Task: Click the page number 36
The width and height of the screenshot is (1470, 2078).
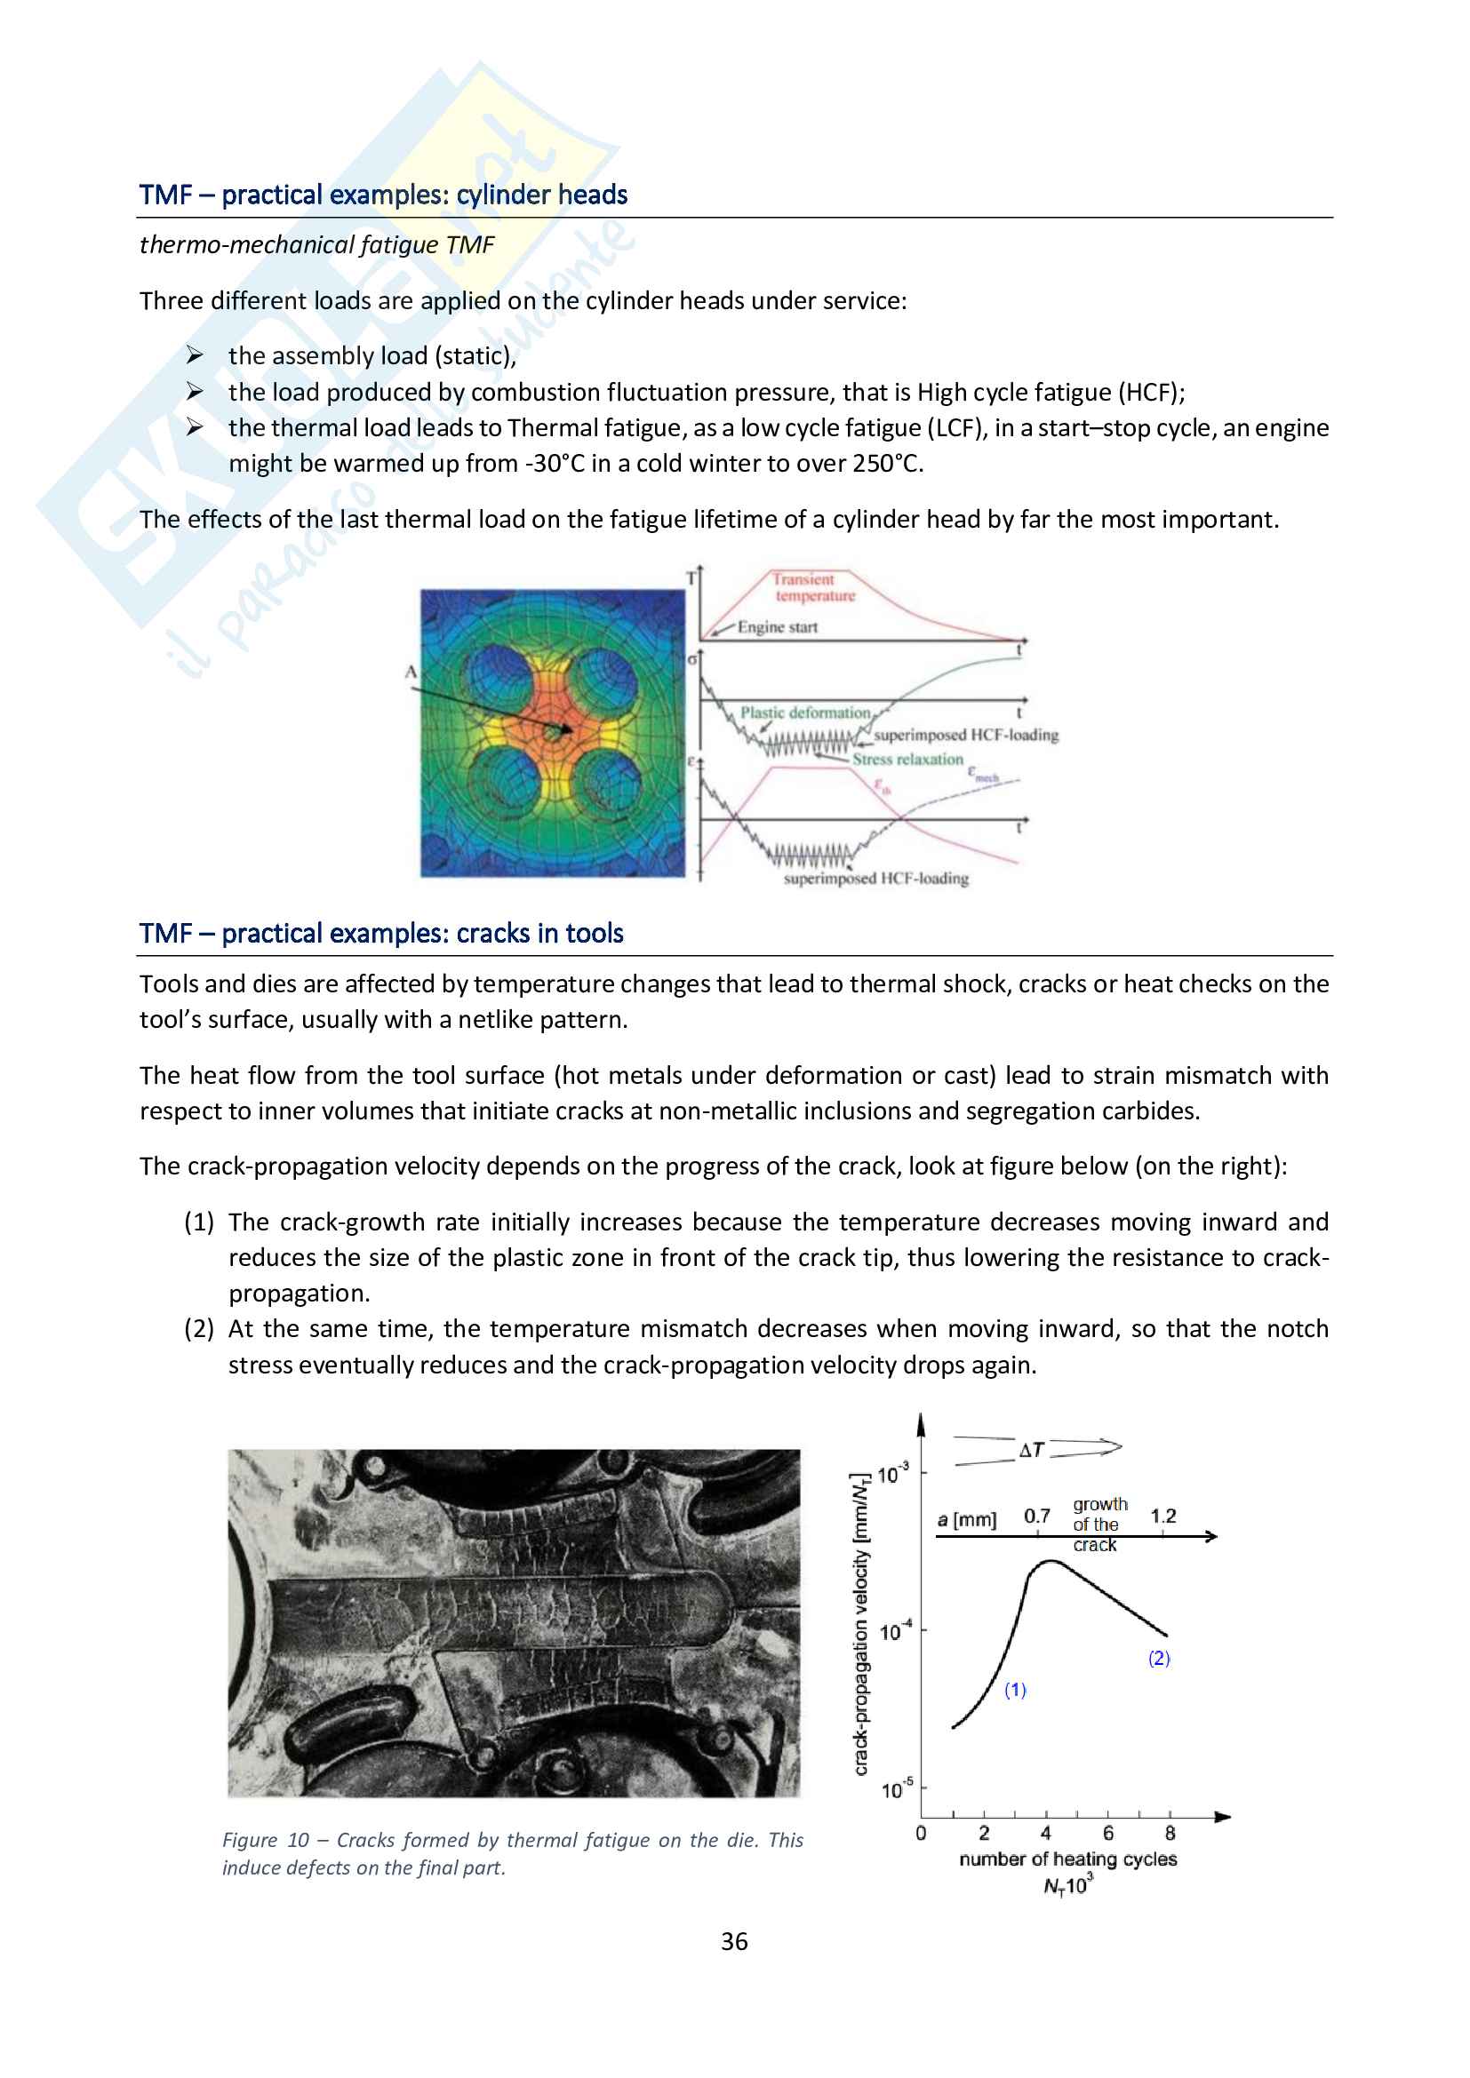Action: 734,1940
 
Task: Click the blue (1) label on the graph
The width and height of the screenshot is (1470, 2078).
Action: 1015,1689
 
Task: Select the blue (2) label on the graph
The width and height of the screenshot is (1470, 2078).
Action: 1159,1657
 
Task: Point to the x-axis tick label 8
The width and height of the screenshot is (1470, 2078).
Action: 1170,1833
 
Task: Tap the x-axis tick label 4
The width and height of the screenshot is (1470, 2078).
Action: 1045,1833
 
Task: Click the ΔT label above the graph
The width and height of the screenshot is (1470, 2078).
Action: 1032,1450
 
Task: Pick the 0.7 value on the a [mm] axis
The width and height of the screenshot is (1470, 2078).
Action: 1036,1516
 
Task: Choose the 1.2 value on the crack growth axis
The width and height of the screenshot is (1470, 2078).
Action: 1163,1516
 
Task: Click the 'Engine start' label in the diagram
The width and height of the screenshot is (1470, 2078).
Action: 777,627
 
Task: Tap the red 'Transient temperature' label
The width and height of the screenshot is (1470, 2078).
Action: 812,587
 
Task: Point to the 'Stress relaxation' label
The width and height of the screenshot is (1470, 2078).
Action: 907,760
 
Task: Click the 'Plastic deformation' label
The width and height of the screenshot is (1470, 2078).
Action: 804,713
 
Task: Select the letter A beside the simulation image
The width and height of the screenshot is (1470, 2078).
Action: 411,672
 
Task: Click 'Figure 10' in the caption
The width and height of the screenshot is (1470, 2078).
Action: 265,1840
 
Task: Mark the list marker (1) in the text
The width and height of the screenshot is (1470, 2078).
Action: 198,1222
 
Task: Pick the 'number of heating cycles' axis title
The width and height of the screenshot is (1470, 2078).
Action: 1067,1859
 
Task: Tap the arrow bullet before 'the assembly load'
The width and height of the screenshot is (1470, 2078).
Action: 195,354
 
